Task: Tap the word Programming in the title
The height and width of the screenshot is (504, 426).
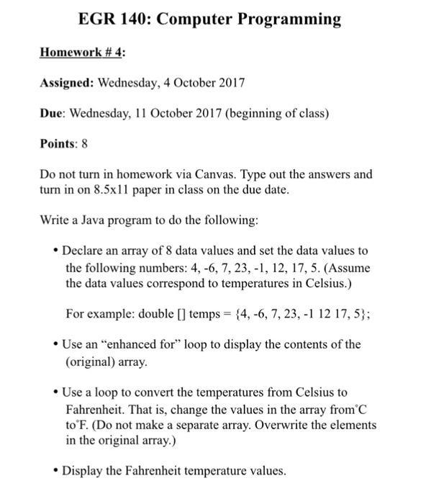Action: click(x=289, y=19)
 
